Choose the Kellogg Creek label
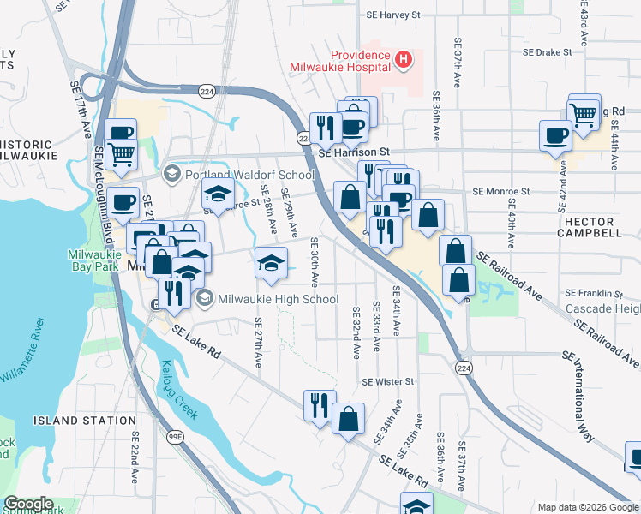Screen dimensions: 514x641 [178, 391]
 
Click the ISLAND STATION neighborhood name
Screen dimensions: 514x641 [85, 421]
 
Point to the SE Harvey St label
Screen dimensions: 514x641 [393, 15]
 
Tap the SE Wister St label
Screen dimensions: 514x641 [388, 381]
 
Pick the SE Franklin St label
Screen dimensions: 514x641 [592, 292]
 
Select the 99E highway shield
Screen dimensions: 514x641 [176, 437]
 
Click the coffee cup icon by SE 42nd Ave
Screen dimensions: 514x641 [555, 135]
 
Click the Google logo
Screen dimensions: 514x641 [28, 505]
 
